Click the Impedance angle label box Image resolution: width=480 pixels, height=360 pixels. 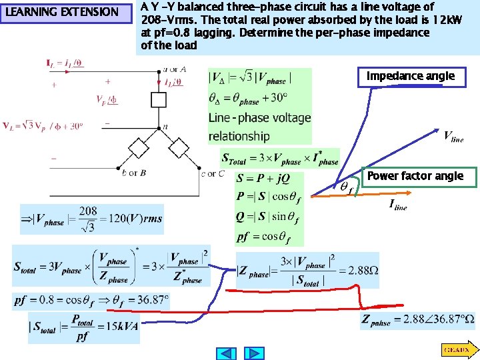(410, 77)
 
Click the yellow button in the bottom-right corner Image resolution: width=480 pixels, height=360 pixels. (458, 349)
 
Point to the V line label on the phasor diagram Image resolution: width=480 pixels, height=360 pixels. (453, 137)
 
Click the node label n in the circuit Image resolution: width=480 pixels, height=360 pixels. (165, 127)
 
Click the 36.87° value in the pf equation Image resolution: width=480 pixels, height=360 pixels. (149, 300)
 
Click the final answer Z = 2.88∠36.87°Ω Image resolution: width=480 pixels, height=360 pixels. (418, 319)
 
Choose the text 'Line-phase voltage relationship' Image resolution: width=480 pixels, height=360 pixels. (259, 127)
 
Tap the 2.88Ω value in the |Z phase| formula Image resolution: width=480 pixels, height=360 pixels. (358, 271)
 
